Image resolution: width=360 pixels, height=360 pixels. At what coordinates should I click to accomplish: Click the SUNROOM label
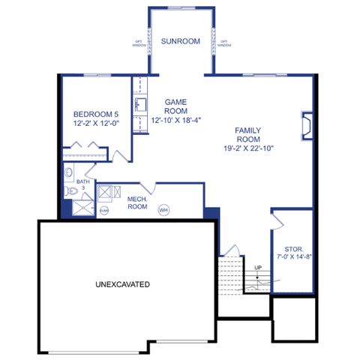(181, 41)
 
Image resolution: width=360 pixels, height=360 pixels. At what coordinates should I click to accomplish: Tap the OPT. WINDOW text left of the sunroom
(139, 43)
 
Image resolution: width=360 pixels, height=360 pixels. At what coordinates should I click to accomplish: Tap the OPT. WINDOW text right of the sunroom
(223, 43)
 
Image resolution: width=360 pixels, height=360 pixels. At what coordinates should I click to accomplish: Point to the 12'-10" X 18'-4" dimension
(176, 120)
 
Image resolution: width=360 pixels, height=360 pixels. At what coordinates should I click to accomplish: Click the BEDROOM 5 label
(96, 114)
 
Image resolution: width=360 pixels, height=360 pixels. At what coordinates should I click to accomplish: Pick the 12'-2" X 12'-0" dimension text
(96, 123)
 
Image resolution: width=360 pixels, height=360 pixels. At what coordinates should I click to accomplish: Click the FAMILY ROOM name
(248, 133)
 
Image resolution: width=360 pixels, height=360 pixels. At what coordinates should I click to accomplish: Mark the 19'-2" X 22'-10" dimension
(248, 148)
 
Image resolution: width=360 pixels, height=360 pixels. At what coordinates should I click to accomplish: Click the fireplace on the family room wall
(305, 125)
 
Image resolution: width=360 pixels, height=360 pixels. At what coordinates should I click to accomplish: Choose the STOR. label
(293, 249)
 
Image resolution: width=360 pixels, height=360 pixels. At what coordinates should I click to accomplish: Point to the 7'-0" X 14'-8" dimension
(293, 257)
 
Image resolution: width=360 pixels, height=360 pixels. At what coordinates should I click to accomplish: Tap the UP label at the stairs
(258, 268)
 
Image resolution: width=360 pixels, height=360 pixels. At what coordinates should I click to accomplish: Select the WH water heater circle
(163, 211)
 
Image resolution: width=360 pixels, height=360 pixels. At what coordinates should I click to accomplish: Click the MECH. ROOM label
(136, 202)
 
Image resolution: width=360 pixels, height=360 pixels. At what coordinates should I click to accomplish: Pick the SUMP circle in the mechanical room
(104, 211)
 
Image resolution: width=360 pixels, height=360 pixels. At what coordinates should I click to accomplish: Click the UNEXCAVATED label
(123, 284)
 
